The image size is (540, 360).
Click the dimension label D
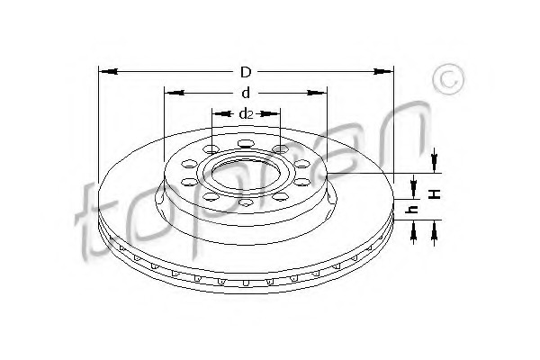(246, 72)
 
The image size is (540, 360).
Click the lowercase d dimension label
(246, 93)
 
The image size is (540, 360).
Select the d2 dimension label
(246, 113)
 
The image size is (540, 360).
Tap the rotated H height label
(436, 193)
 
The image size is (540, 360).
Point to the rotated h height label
(412, 209)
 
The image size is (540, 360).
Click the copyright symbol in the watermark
(448, 79)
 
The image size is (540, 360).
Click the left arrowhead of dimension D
(109, 72)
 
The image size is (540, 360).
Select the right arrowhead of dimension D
(383, 72)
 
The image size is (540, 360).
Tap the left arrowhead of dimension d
(175, 93)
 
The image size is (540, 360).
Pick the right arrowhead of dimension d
(317, 93)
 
